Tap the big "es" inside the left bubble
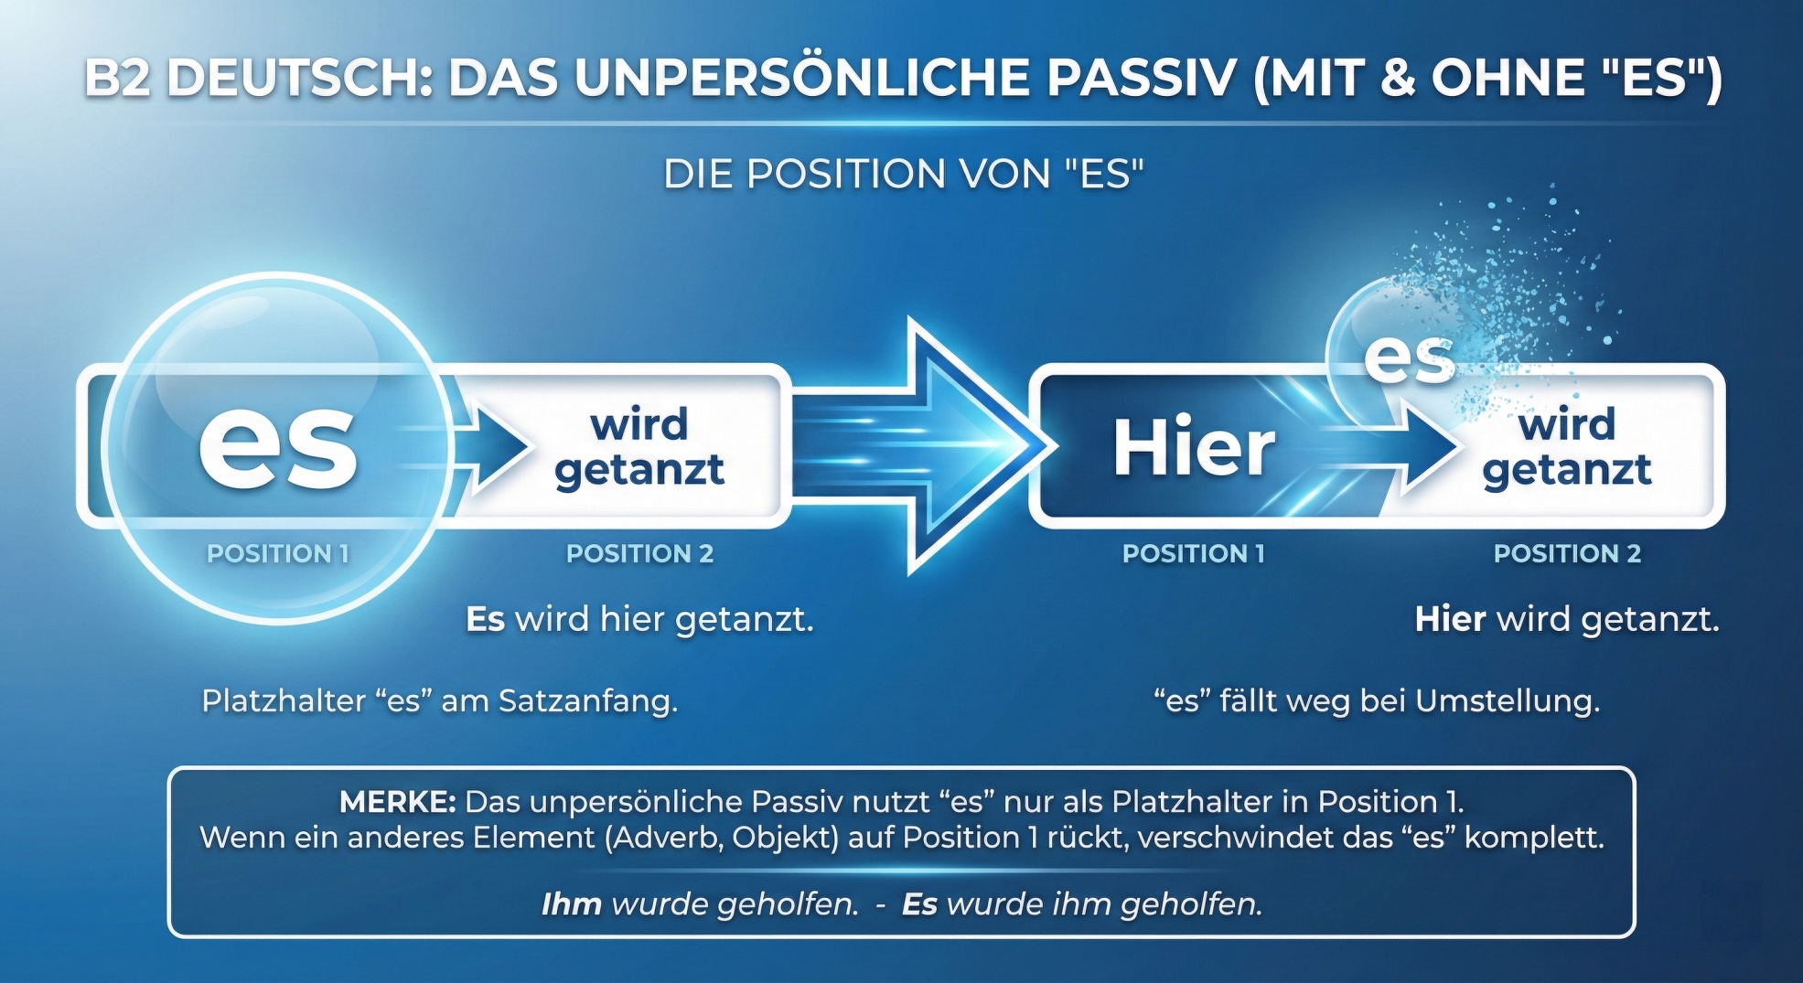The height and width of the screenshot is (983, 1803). [278, 445]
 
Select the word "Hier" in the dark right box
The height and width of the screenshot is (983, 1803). [1194, 446]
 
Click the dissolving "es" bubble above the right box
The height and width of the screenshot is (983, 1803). [1409, 357]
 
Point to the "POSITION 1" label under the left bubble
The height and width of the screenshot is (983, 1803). [278, 553]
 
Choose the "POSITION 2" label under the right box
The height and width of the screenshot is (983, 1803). [1567, 553]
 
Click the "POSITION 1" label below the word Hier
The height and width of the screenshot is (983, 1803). [1194, 553]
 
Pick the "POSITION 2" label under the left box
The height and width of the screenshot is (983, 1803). [639, 553]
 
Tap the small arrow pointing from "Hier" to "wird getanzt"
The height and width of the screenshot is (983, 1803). [1413, 446]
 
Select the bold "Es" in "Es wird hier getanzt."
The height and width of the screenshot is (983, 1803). [485, 619]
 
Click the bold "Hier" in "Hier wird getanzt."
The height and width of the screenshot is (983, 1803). [1450, 619]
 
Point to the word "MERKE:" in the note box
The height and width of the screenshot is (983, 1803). [397, 802]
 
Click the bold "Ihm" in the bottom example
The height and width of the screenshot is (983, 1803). [571, 903]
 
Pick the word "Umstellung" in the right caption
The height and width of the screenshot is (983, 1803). [1508, 700]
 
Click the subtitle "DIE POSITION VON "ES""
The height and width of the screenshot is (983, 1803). [903, 174]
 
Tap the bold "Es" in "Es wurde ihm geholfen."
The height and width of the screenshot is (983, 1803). [919, 903]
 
